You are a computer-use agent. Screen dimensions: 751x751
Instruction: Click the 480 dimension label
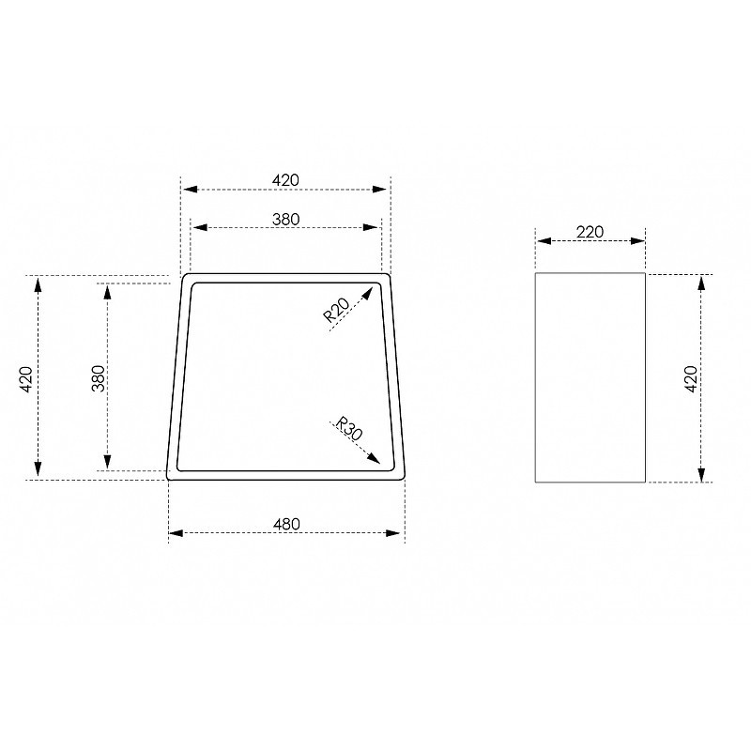(286, 524)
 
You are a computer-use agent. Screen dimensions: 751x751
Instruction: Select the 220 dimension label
(590, 232)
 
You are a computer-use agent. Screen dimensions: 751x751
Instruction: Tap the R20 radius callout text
(337, 310)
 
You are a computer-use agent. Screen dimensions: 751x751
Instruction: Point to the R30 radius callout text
(349, 429)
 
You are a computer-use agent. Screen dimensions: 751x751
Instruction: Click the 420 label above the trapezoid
(285, 180)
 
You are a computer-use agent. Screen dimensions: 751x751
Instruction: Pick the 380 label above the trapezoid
(286, 220)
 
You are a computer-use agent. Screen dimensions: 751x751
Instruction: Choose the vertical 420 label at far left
(26, 379)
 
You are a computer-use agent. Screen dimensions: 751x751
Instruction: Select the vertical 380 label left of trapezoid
(99, 378)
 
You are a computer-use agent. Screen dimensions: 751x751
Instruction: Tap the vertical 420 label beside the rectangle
(691, 379)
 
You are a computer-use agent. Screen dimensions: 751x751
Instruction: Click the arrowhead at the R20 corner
(367, 293)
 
